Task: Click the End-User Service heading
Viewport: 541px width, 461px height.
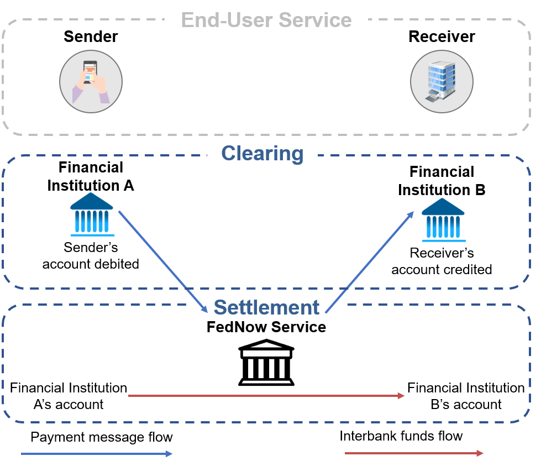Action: pos(266,20)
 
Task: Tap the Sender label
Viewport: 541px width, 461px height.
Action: pos(91,36)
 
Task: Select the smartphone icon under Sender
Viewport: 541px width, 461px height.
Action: pos(91,82)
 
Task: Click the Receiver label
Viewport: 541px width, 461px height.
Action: pos(442,36)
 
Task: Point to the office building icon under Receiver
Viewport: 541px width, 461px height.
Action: pos(442,82)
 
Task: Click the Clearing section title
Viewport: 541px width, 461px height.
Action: pos(262,154)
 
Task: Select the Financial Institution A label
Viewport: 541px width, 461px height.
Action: pos(91,176)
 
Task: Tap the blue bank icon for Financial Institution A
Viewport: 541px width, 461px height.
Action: pos(92,214)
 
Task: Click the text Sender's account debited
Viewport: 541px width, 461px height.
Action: pos(91,256)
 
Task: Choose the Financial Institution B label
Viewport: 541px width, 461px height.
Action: pos(442,181)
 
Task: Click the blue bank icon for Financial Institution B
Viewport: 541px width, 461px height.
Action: pos(443,220)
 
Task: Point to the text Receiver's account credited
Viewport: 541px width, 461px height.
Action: pos(442,261)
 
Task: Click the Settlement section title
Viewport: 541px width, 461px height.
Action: pos(266,307)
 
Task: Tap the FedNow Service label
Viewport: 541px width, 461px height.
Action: pos(266,327)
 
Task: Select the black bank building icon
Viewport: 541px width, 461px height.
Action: pos(266,362)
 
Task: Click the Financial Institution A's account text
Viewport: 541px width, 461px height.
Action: pos(69,396)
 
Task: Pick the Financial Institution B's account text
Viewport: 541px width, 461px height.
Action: pos(466,396)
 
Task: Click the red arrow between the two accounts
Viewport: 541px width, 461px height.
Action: pos(266,396)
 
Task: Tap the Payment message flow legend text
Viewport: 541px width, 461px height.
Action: pos(102,437)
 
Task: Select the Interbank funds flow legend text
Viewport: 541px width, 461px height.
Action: pos(401,436)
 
